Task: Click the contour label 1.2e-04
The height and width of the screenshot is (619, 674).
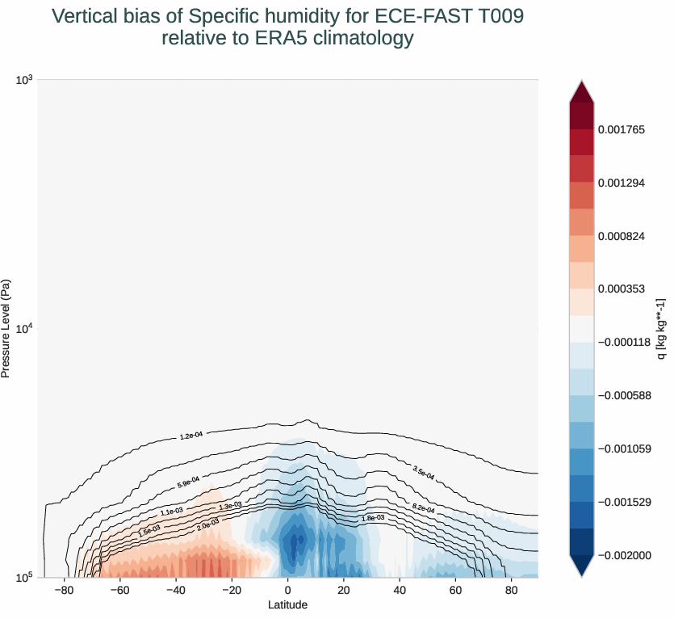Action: click(190, 436)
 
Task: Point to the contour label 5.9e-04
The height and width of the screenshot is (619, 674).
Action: click(188, 484)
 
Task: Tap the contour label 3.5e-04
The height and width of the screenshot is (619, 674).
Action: click(423, 473)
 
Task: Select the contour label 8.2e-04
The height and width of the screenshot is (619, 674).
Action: click(423, 509)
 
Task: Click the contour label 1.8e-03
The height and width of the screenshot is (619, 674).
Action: click(372, 518)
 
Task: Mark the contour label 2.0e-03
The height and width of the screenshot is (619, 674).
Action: click(208, 526)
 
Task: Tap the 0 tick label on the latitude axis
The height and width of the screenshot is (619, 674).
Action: click(288, 591)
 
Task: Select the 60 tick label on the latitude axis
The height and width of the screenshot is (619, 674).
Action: click(455, 591)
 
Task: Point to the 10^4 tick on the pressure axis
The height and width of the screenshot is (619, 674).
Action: click(24, 328)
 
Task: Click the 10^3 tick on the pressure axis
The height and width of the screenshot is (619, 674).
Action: click(24, 79)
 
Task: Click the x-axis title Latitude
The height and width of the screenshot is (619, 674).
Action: click(288, 604)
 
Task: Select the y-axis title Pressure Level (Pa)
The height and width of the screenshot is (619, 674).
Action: click(6, 328)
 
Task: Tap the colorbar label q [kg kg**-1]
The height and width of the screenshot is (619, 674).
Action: click(661, 328)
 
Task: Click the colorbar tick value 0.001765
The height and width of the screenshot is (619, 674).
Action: click(621, 129)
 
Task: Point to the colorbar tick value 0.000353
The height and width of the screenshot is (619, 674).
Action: click(621, 288)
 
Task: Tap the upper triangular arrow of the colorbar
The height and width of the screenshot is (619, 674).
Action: click(581, 91)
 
